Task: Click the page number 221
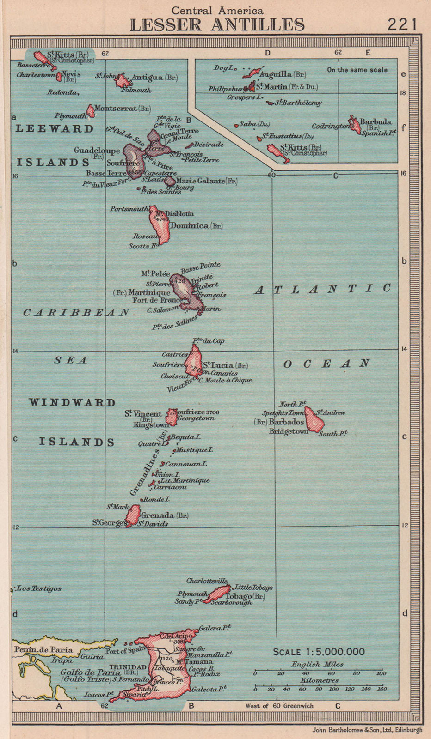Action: point(403,24)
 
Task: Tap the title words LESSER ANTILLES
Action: point(217,24)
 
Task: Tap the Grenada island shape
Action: point(133,515)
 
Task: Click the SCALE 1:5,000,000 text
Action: point(319,652)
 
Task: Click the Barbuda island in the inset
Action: point(355,124)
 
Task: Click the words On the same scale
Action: point(357,70)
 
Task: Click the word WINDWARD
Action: point(72,402)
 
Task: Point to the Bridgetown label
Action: point(289,431)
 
